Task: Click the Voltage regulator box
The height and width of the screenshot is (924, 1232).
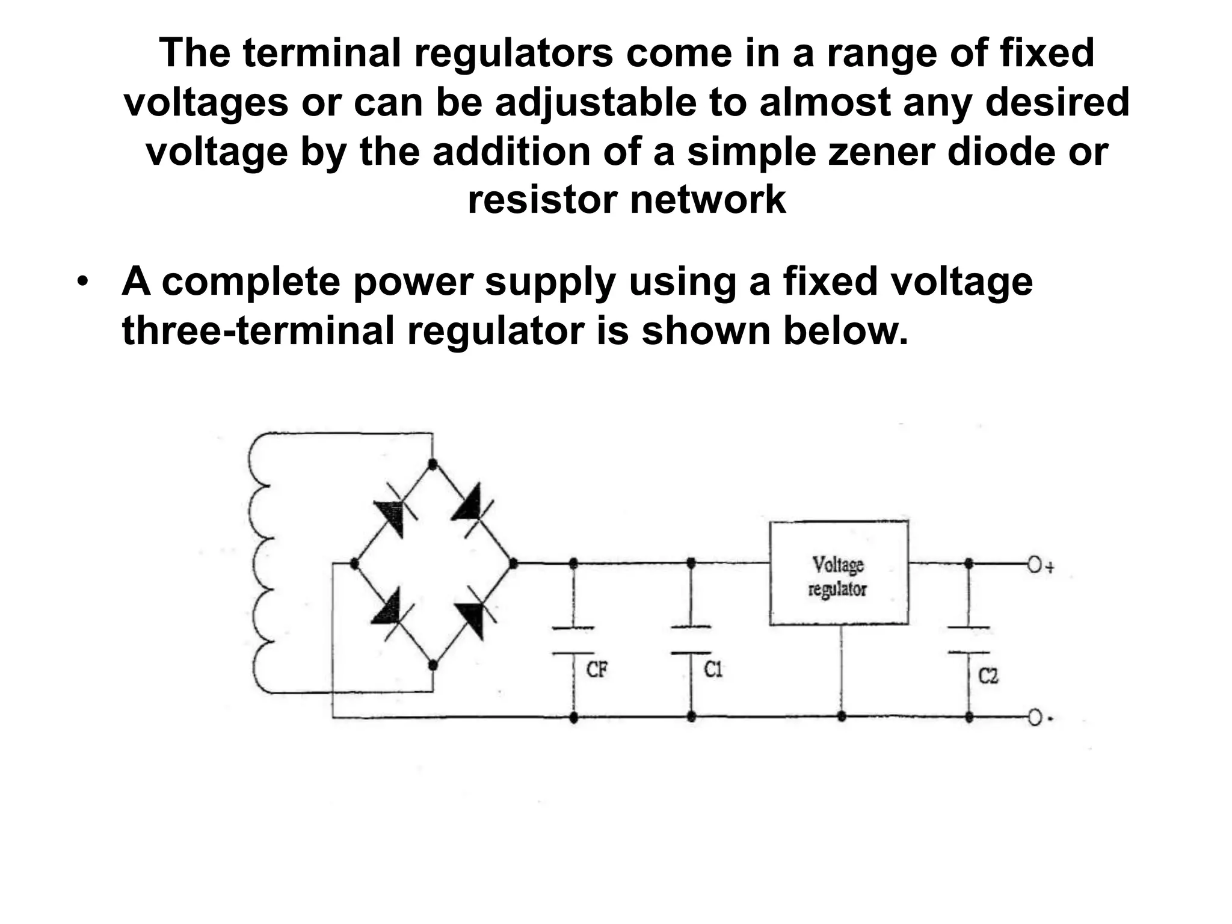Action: (839, 573)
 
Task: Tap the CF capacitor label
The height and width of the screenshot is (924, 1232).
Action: (597, 669)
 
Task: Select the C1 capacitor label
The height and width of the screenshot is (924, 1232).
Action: (713, 669)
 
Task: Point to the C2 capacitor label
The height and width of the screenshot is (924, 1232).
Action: (988, 676)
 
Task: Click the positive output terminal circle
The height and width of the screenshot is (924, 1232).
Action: (1034, 565)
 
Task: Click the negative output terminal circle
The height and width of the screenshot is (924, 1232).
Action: (1034, 718)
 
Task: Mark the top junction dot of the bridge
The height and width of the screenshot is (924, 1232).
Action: (432, 464)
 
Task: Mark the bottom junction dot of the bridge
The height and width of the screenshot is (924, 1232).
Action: (432, 665)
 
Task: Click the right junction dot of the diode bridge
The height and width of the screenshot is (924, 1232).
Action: (513, 564)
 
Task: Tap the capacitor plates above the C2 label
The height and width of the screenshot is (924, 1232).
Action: (969, 640)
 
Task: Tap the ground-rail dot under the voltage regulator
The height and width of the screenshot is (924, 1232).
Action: (842, 716)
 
